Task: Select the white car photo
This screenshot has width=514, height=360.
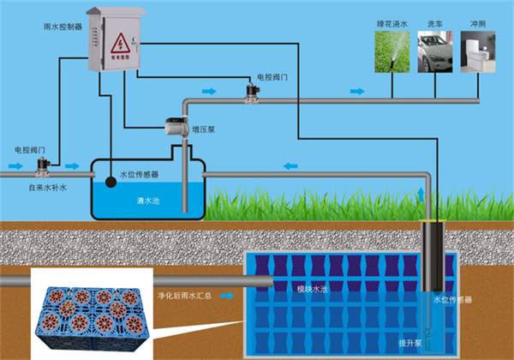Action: (x=435, y=53)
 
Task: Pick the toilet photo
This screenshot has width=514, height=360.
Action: (x=479, y=53)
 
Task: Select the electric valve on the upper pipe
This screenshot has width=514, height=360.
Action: (x=254, y=92)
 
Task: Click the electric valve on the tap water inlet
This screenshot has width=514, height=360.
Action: (x=40, y=164)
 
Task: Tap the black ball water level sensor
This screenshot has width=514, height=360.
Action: (x=111, y=181)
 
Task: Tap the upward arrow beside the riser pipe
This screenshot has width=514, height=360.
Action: (x=420, y=191)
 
